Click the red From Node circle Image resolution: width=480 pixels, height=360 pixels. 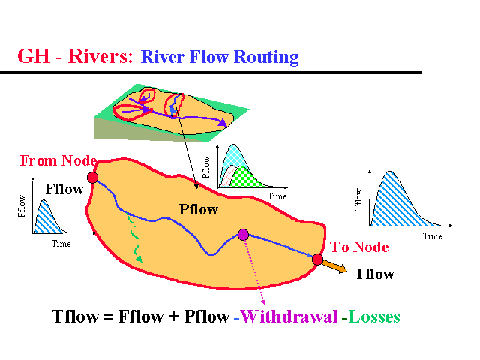(x=92, y=177)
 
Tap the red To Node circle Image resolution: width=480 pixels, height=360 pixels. (x=317, y=259)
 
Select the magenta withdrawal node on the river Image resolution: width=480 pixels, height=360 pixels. (x=243, y=235)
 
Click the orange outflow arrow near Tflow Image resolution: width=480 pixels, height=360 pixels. (x=337, y=267)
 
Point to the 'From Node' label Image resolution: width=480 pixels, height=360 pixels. (x=58, y=160)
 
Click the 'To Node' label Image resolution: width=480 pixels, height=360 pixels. (x=359, y=247)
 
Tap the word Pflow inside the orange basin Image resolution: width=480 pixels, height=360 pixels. (x=198, y=209)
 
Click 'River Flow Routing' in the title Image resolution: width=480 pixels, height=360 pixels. (x=220, y=57)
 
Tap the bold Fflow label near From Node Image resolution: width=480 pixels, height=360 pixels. (x=64, y=189)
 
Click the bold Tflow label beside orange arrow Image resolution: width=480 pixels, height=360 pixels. (x=374, y=274)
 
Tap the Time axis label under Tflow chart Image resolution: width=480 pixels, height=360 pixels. (x=432, y=235)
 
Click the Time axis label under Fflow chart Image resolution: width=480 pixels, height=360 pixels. (x=61, y=244)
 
